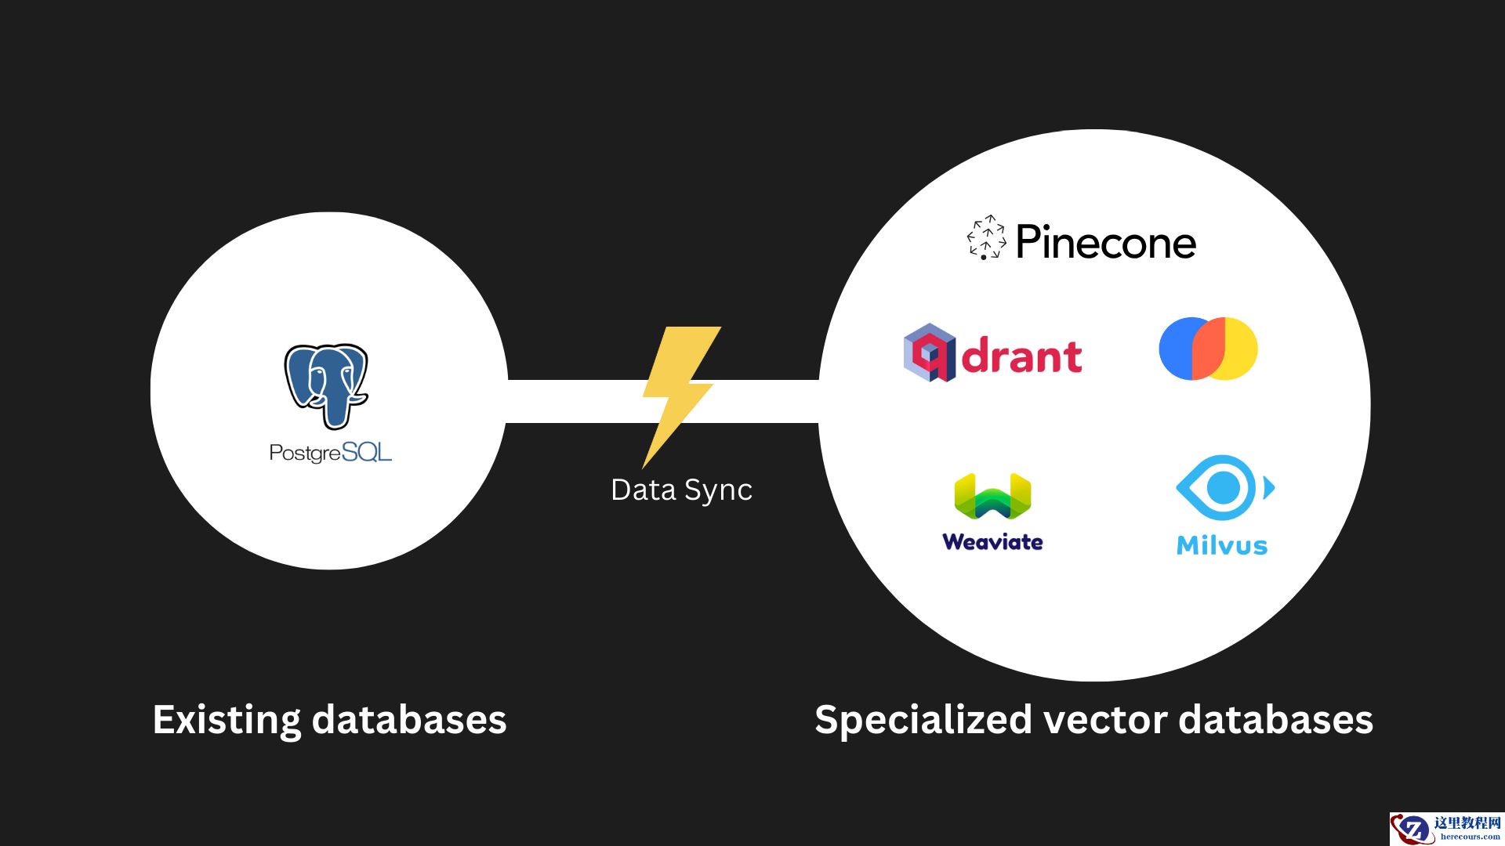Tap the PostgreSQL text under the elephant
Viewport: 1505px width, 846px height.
pos(330,453)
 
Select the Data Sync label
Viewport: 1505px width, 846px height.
pos(681,490)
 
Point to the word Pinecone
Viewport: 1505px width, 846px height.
pos(1105,242)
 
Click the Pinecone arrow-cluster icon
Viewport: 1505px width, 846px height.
pos(986,237)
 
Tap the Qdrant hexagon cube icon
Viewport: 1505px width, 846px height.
pos(929,352)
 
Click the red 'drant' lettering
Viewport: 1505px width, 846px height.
pos(1021,356)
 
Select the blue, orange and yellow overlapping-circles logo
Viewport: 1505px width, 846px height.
pos(1208,349)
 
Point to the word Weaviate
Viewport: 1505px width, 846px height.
pos(992,542)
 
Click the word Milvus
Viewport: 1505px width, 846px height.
pos(1221,545)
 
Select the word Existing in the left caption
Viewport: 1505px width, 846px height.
pos(227,720)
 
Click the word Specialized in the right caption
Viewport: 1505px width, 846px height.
pos(923,720)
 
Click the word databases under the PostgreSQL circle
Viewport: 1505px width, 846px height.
pos(409,720)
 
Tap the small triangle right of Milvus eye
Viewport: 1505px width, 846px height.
pos(1268,488)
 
